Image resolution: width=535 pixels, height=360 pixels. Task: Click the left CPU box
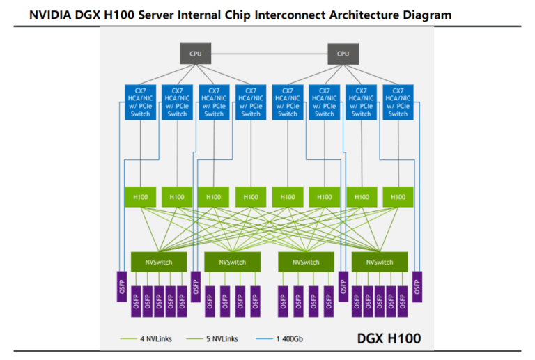point(196,53)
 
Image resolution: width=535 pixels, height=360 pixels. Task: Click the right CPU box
point(343,53)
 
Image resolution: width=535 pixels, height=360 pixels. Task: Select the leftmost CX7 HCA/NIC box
point(141,102)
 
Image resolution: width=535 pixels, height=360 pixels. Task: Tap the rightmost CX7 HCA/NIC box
point(398,102)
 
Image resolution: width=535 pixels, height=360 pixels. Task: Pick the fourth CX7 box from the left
point(251,102)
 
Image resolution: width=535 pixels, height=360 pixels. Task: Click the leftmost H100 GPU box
point(141,197)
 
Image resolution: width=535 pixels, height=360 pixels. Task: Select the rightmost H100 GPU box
point(398,197)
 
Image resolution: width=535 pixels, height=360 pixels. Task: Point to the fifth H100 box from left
point(288,197)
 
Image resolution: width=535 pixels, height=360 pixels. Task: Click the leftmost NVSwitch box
point(159,262)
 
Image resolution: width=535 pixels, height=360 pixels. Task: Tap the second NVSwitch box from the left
point(233,262)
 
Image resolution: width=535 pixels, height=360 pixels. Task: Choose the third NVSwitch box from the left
point(306,262)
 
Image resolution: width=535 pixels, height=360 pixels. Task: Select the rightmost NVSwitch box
point(380,262)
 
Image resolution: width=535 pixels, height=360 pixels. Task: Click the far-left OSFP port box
point(122,285)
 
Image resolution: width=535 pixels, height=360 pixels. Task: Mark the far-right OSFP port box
point(417,285)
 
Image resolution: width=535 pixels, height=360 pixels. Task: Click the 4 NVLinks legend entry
point(150,339)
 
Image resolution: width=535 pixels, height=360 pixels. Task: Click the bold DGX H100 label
point(389,338)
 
